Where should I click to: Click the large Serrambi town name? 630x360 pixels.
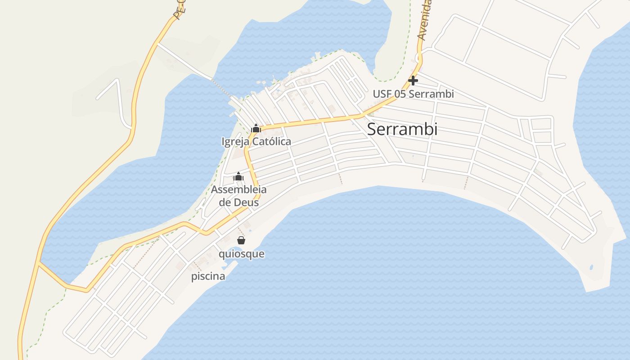(x=402, y=129)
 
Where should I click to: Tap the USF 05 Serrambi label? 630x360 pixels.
(x=413, y=94)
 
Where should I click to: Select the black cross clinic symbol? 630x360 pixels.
(x=413, y=81)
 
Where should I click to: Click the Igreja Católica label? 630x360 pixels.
(x=256, y=141)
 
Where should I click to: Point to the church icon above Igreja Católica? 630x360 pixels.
(x=256, y=129)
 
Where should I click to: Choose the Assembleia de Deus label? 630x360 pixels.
(x=238, y=196)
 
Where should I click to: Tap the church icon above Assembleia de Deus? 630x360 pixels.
(x=238, y=177)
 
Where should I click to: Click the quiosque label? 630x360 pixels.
(x=241, y=254)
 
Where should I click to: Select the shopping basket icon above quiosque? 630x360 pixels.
(x=241, y=240)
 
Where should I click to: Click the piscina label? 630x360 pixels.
(x=208, y=276)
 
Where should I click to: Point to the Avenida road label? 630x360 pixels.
(x=424, y=20)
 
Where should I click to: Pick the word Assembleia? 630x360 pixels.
(x=238, y=189)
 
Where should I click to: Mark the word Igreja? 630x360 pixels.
(x=235, y=142)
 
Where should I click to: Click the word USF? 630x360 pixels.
(x=382, y=94)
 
